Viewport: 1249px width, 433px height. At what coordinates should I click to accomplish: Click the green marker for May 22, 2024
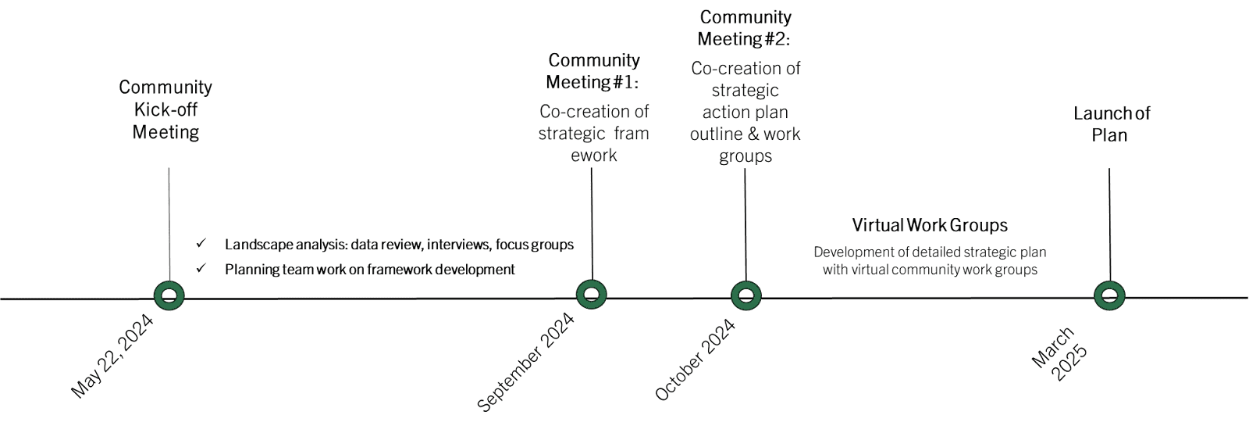click(x=169, y=295)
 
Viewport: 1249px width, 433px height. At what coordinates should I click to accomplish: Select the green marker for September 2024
click(x=592, y=295)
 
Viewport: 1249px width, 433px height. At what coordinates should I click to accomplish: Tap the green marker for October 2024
click(x=746, y=295)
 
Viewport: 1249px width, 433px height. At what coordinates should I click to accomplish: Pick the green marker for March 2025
click(x=1109, y=295)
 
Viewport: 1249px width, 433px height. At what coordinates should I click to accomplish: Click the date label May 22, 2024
click(x=112, y=356)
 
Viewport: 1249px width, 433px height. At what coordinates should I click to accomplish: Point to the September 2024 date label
click(x=525, y=361)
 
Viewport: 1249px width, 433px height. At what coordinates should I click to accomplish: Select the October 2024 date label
click(x=695, y=360)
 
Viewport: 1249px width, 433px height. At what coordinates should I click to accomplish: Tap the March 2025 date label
click(x=1059, y=354)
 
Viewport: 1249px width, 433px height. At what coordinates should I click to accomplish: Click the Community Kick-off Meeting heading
click(x=165, y=109)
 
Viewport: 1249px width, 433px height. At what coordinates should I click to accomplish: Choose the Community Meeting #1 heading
click(x=593, y=71)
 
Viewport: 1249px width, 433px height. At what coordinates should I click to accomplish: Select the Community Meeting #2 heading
click(x=745, y=27)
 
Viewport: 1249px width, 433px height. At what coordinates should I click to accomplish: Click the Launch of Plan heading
click(x=1111, y=123)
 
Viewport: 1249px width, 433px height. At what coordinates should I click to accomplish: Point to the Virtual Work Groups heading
click(x=930, y=226)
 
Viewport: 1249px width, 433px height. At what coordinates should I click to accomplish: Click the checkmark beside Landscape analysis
click(x=201, y=244)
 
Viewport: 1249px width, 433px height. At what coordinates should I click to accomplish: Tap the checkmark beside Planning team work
click(x=201, y=268)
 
